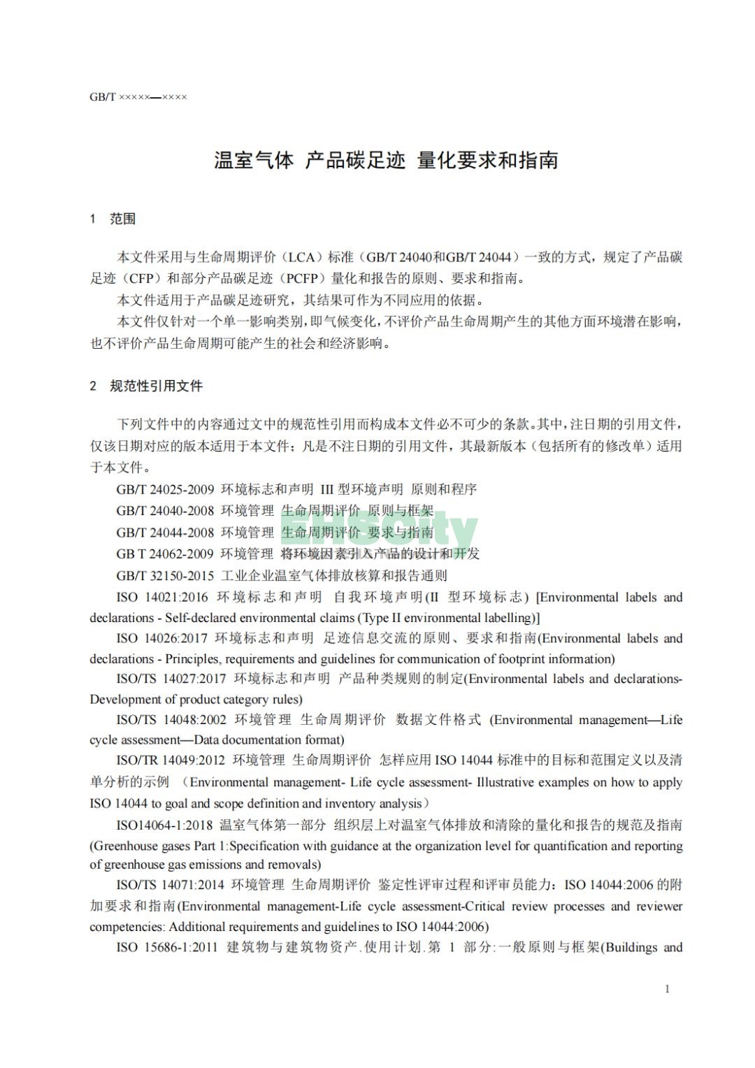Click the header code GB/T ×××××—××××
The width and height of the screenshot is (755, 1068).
click(138, 96)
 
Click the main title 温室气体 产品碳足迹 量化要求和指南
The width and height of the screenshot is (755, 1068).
click(386, 160)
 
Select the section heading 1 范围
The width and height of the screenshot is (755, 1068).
click(113, 219)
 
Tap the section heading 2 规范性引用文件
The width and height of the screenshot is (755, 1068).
click(146, 386)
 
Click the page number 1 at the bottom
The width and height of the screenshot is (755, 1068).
click(667, 988)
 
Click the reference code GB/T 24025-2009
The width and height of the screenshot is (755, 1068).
click(165, 489)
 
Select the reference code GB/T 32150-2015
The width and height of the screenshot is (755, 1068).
click(165, 575)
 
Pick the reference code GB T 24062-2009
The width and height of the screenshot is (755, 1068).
click(165, 554)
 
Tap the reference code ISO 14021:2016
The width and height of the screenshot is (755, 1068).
click(162, 597)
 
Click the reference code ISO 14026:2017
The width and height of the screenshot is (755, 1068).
click(162, 638)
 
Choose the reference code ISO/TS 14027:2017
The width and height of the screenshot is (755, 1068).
click(171, 679)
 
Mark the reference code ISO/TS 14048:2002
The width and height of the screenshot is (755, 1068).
click(171, 720)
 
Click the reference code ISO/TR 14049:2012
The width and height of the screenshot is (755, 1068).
click(171, 760)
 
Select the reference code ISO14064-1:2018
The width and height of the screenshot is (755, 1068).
click(164, 825)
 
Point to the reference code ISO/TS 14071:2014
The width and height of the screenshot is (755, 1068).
click(171, 885)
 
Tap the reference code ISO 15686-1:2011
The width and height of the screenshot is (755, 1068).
click(167, 948)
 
